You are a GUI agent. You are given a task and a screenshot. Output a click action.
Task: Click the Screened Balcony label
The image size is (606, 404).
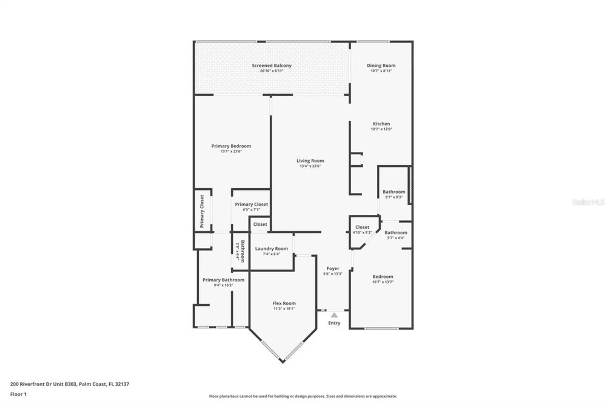[x=271, y=66]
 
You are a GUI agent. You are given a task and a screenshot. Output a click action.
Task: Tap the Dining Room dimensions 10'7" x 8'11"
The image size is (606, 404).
[x=381, y=71]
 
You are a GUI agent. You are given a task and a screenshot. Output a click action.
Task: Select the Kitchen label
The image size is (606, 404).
[x=381, y=124]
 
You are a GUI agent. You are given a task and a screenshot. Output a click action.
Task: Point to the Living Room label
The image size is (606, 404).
[x=310, y=161]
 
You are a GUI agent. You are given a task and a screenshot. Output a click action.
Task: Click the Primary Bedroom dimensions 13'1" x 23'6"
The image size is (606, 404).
[x=231, y=151]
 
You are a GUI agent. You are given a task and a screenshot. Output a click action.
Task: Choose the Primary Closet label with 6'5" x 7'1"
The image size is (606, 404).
[x=251, y=204]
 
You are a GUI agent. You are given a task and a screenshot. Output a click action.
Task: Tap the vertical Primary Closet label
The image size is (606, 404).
[x=202, y=211]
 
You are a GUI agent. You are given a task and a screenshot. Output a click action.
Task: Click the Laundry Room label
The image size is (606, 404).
[x=271, y=249]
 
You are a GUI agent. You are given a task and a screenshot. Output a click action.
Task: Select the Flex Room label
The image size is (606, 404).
[x=284, y=303]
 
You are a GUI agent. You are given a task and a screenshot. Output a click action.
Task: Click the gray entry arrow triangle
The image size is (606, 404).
[x=334, y=315]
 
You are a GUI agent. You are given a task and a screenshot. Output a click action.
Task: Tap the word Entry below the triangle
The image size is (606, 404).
[x=334, y=323]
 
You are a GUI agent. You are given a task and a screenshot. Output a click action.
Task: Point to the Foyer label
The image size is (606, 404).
[x=333, y=269]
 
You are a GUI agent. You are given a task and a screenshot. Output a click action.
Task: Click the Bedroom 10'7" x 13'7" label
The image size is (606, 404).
[x=383, y=277]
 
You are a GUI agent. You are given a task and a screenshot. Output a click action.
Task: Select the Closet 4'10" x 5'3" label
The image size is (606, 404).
[x=362, y=227]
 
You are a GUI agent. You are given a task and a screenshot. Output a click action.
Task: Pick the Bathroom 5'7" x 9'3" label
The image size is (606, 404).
[x=394, y=192]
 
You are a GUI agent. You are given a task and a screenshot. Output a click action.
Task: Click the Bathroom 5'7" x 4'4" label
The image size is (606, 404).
[x=396, y=233]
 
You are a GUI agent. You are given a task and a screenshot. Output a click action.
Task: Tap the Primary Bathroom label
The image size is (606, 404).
[x=223, y=280]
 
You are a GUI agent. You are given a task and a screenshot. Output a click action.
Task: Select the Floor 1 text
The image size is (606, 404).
[x=18, y=394]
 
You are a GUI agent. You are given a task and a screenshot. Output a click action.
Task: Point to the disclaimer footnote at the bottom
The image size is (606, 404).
[x=303, y=396]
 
